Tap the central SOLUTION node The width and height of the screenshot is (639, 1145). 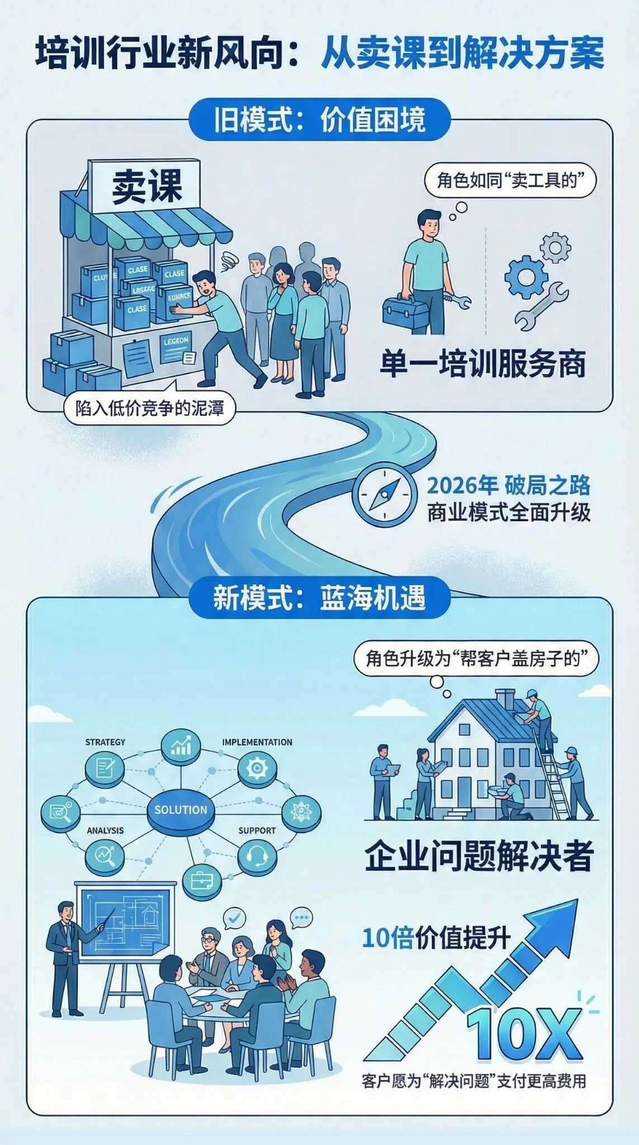pos(181,810)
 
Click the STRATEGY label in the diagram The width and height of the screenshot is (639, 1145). pos(105,742)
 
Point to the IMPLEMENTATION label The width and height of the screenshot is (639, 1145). pos(257,742)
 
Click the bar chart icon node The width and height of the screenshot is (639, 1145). pos(181,745)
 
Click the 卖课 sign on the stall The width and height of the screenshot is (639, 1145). pos(147,186)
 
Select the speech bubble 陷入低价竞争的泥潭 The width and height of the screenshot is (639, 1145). pos(149,409)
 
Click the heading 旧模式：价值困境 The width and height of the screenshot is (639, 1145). pos(319,119)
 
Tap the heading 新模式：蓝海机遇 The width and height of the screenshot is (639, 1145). pos(319,598)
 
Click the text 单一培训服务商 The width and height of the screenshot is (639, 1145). pos(482,365)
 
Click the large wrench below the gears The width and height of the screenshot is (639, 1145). pos(541,306)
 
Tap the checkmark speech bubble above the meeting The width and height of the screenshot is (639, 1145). pos(234,918)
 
